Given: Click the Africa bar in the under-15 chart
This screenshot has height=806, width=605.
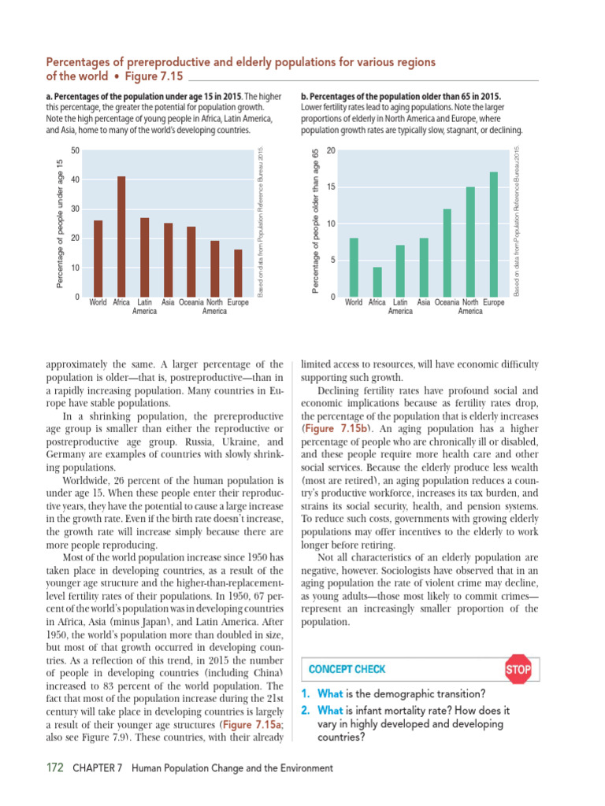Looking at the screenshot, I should tap(121, 236).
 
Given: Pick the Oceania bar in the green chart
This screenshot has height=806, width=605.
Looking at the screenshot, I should tap(447, 252).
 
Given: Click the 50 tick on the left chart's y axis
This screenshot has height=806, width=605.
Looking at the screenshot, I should tap(75, 150).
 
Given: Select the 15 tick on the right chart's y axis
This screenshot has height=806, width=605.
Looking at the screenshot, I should tap(331, 187).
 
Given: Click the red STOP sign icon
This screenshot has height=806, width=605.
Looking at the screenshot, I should tap(518, 670).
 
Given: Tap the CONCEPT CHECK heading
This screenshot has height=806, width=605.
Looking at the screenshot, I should tap(347, 670).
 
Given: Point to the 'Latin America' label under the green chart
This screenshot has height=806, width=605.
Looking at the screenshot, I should tap(400, 306).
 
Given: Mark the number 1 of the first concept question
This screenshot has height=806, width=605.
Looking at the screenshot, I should tap(306, 694).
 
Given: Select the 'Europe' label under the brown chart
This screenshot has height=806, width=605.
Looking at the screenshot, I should tap(238, 301).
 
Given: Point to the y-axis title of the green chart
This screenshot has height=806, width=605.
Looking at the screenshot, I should tap(315, 223).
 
